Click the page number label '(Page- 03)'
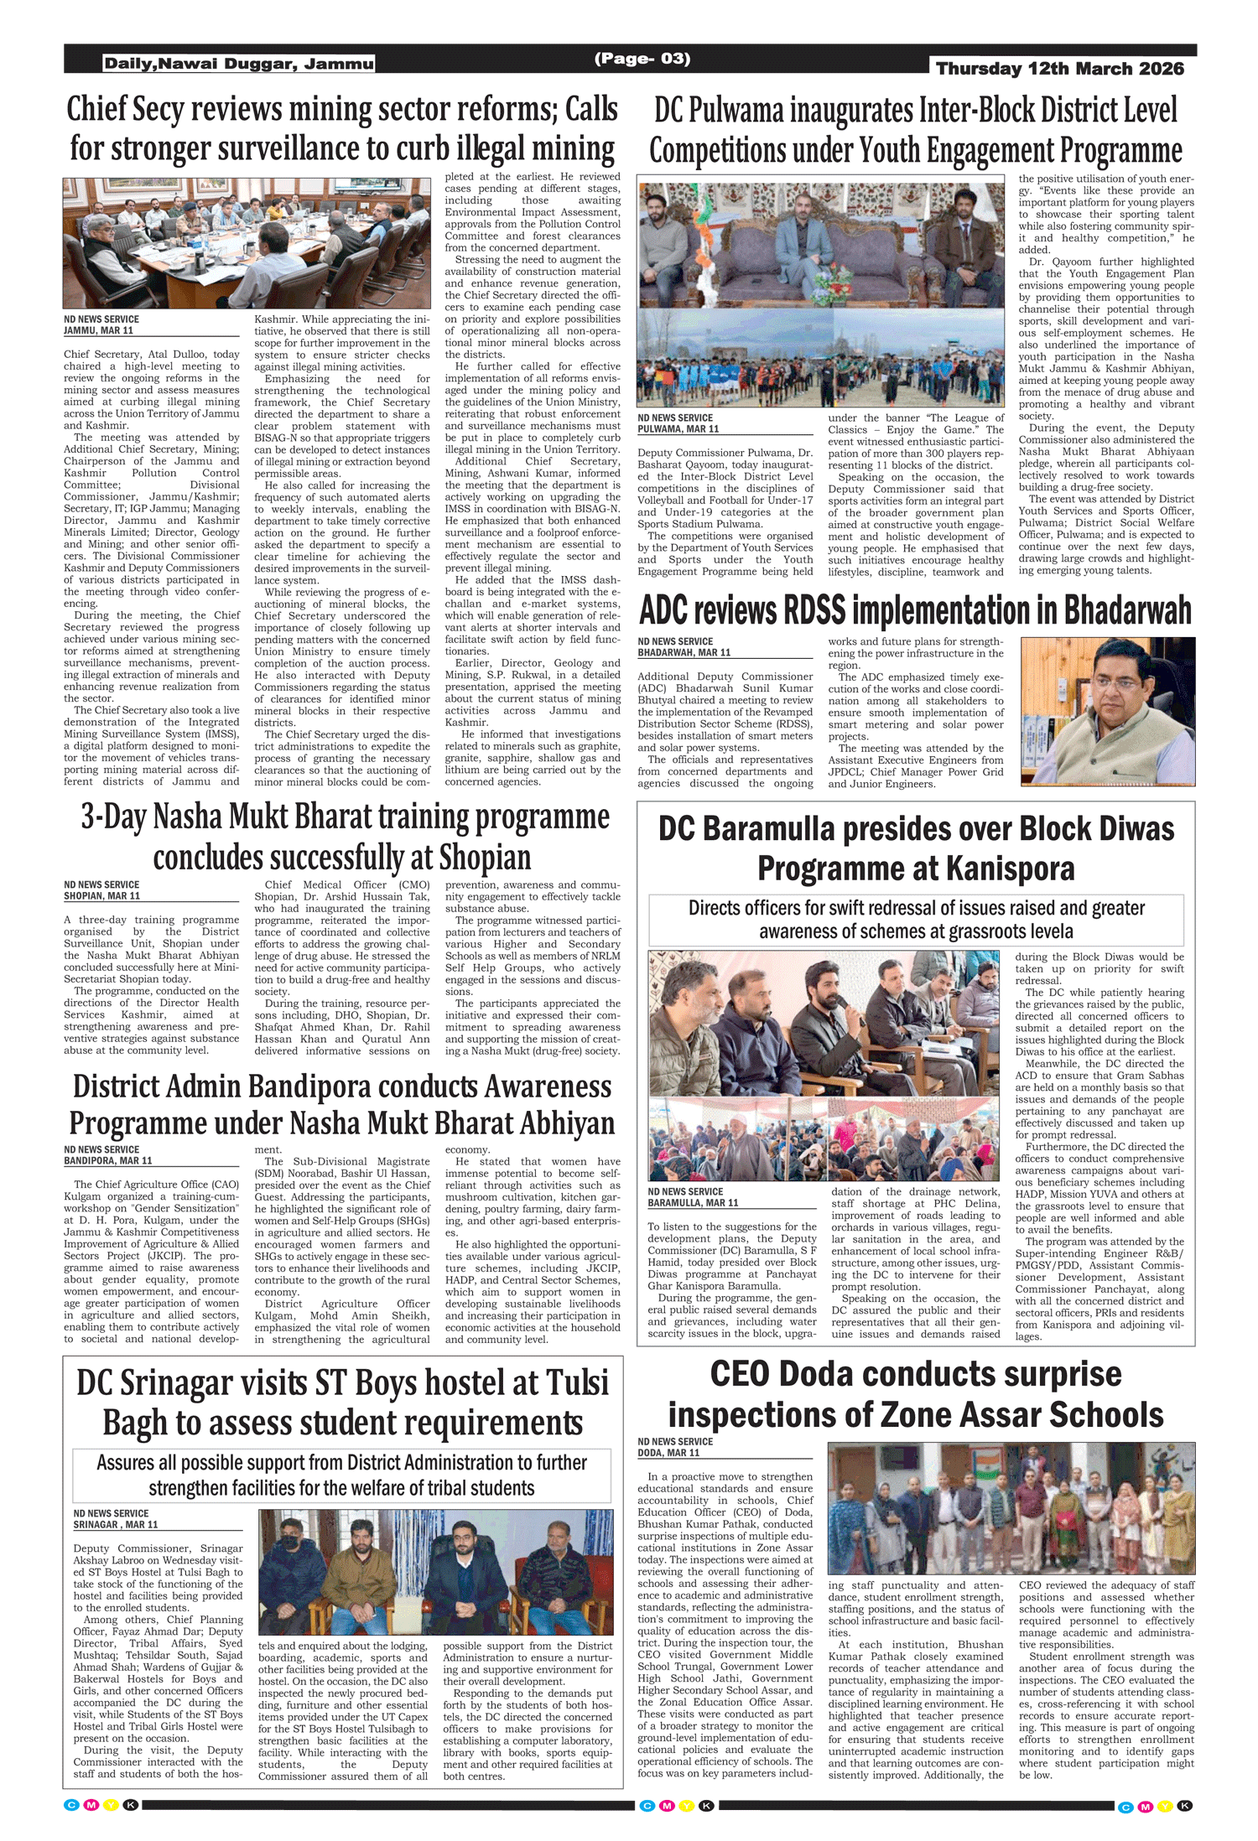pyautogui.click(x=642, y=59)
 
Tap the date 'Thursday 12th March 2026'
pyautogui.click(x=1060, y=69)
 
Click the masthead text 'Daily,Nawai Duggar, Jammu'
pyautogui.click(x=238, y=64)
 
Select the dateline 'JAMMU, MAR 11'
pyautogui.click(x=98, y=330)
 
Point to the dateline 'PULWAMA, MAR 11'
pyautogui.click(x=678, y=428)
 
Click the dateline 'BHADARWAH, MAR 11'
pyautogui.click(x=684, y=652)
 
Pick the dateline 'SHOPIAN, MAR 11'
pyautogui.click(x=101, y=895)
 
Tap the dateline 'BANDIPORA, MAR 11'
pyautogui.click(x=107, y=1160)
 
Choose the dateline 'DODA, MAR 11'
pyautogui.click(x=668, y=1452)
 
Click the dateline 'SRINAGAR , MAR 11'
pyautogui.click(x=115, y=1524)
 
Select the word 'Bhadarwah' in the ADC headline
pyautogui.click(x=1127, y=610)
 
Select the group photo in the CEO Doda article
pyautogui.click(x=1011, y=1507)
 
